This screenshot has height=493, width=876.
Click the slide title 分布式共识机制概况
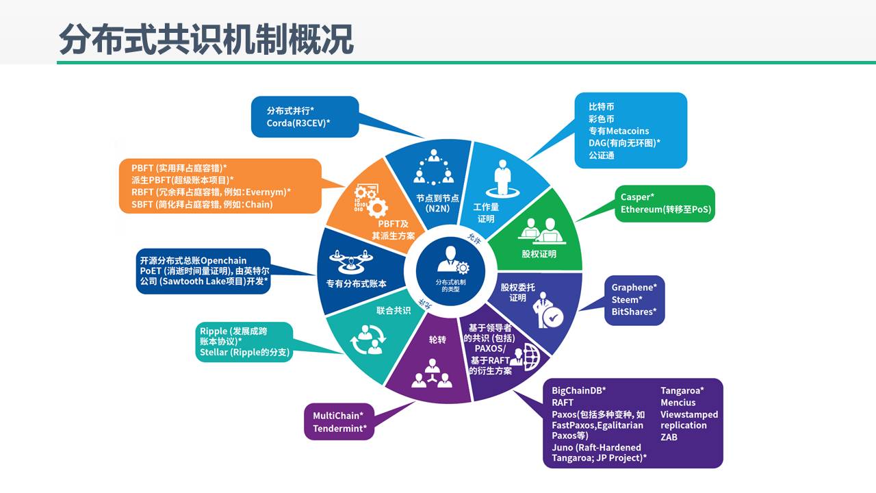coord(205,40)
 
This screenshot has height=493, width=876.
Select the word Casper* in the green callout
coord(637,197)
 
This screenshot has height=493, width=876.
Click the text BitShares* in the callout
coord(634,312)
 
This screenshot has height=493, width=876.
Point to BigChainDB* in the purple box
coord(579,390)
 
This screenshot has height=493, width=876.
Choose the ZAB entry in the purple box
coord(669,437)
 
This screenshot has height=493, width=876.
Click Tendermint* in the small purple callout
coord(340,429)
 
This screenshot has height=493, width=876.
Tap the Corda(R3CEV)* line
coord(299,123)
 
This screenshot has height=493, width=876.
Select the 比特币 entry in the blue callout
coord(602,107)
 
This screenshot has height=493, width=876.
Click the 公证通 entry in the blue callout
coord(602,155)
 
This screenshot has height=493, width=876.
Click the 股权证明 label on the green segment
coord(539,254)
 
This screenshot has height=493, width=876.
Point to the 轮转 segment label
coord(437,340)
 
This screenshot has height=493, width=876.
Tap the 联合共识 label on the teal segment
coord(394,310)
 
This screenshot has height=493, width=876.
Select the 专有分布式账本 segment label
coord(352,283)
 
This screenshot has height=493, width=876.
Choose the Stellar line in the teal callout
coord(245,353)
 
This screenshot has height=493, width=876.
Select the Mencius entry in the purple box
coord(678,403)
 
